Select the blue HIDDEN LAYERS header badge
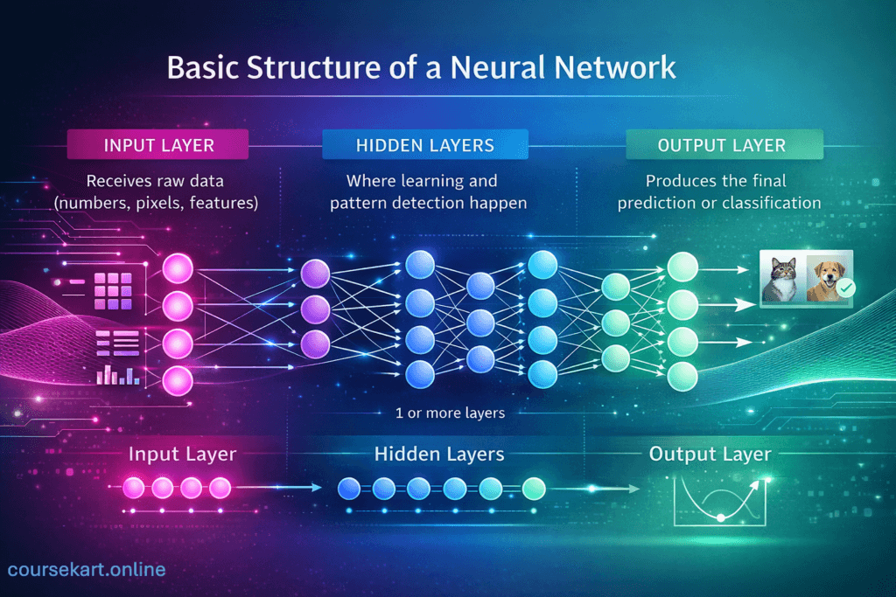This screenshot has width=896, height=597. click(425, 145)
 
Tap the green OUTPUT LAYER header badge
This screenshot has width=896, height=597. click(724, 145)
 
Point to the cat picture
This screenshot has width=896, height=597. click(782, 280)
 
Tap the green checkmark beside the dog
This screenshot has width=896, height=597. click(846, 288)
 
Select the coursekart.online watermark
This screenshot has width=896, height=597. click(86, 570)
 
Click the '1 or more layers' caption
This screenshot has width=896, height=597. click(450, 413)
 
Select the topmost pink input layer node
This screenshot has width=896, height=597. click(178, 267)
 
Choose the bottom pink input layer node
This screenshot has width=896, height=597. click(178, 378)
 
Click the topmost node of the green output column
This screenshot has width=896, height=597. click(682, 267)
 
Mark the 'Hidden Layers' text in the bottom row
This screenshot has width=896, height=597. click(439, 455)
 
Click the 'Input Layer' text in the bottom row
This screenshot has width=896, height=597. click(182, 455)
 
